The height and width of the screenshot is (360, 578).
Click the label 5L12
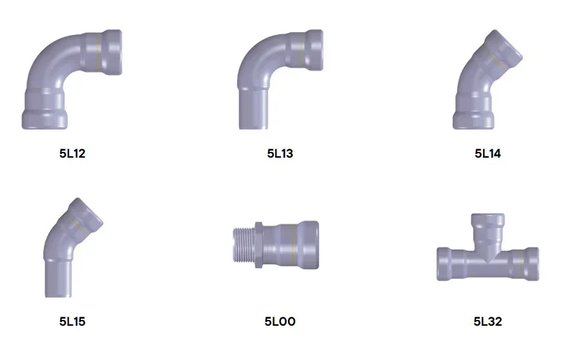72,153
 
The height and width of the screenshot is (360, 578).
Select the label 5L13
280,153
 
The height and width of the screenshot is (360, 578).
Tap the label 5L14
488,153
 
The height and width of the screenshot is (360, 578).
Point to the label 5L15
72,321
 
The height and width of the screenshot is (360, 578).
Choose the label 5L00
280,321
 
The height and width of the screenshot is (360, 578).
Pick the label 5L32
488,321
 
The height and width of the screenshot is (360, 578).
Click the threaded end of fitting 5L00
243,245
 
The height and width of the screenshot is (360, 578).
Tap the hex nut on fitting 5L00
258,245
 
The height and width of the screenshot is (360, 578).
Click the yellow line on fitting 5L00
293,245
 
